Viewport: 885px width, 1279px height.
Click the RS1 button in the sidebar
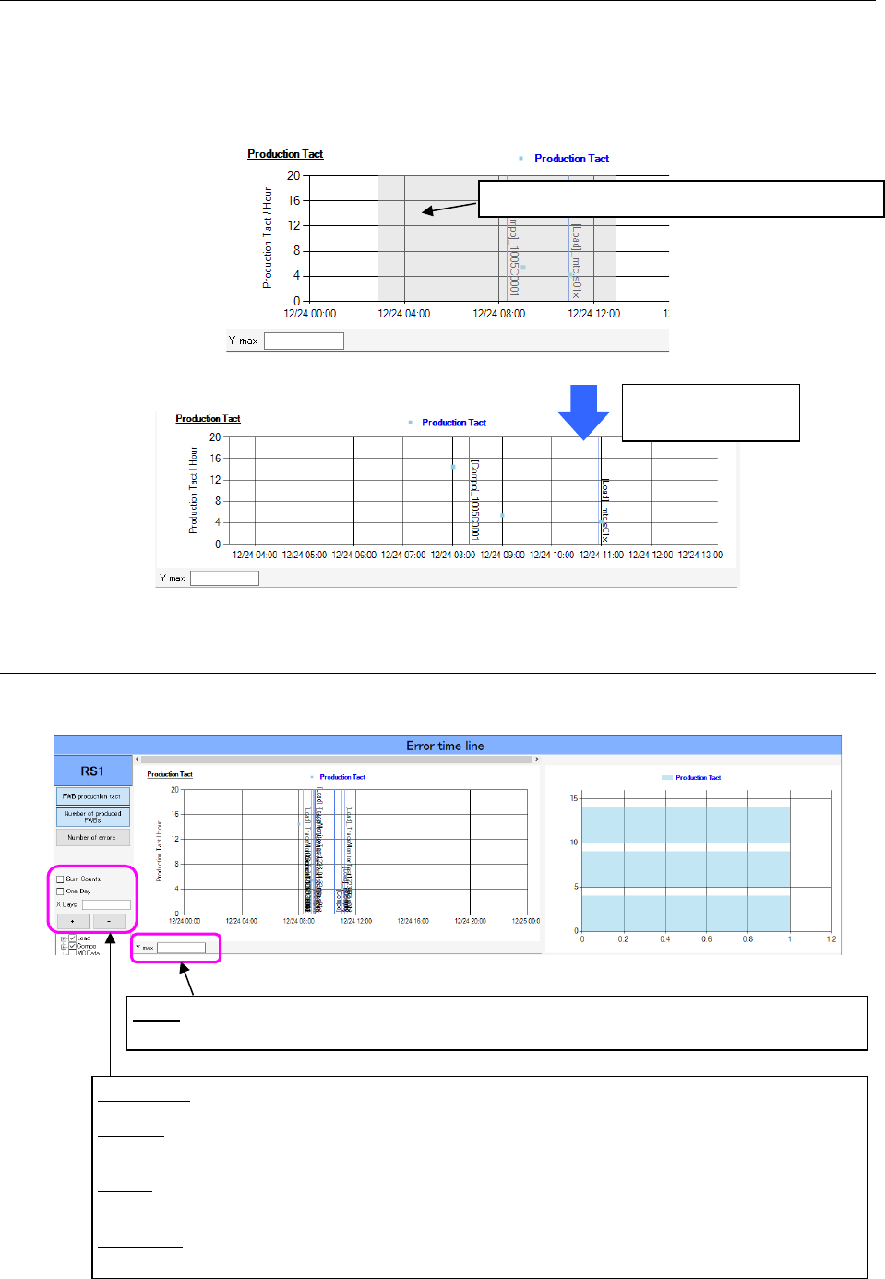92,771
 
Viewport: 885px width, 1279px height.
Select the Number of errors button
92,837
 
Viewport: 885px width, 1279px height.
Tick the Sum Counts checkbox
61,879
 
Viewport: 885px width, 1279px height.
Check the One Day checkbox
61,891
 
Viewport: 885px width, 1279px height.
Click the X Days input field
106,904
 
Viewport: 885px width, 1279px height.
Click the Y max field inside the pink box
181,948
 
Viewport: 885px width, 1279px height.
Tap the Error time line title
445,746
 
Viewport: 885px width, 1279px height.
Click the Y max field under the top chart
304,341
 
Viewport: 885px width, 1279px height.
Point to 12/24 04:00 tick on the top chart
404,314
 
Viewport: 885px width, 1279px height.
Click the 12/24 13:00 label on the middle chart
700,556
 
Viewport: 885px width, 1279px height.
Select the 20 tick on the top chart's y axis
293,175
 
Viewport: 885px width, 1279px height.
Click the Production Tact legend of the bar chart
698,778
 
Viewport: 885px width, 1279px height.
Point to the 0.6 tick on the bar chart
706,939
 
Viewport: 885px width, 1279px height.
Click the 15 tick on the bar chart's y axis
574,798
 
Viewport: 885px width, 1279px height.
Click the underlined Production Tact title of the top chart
285,154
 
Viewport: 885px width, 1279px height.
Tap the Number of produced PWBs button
92,817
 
